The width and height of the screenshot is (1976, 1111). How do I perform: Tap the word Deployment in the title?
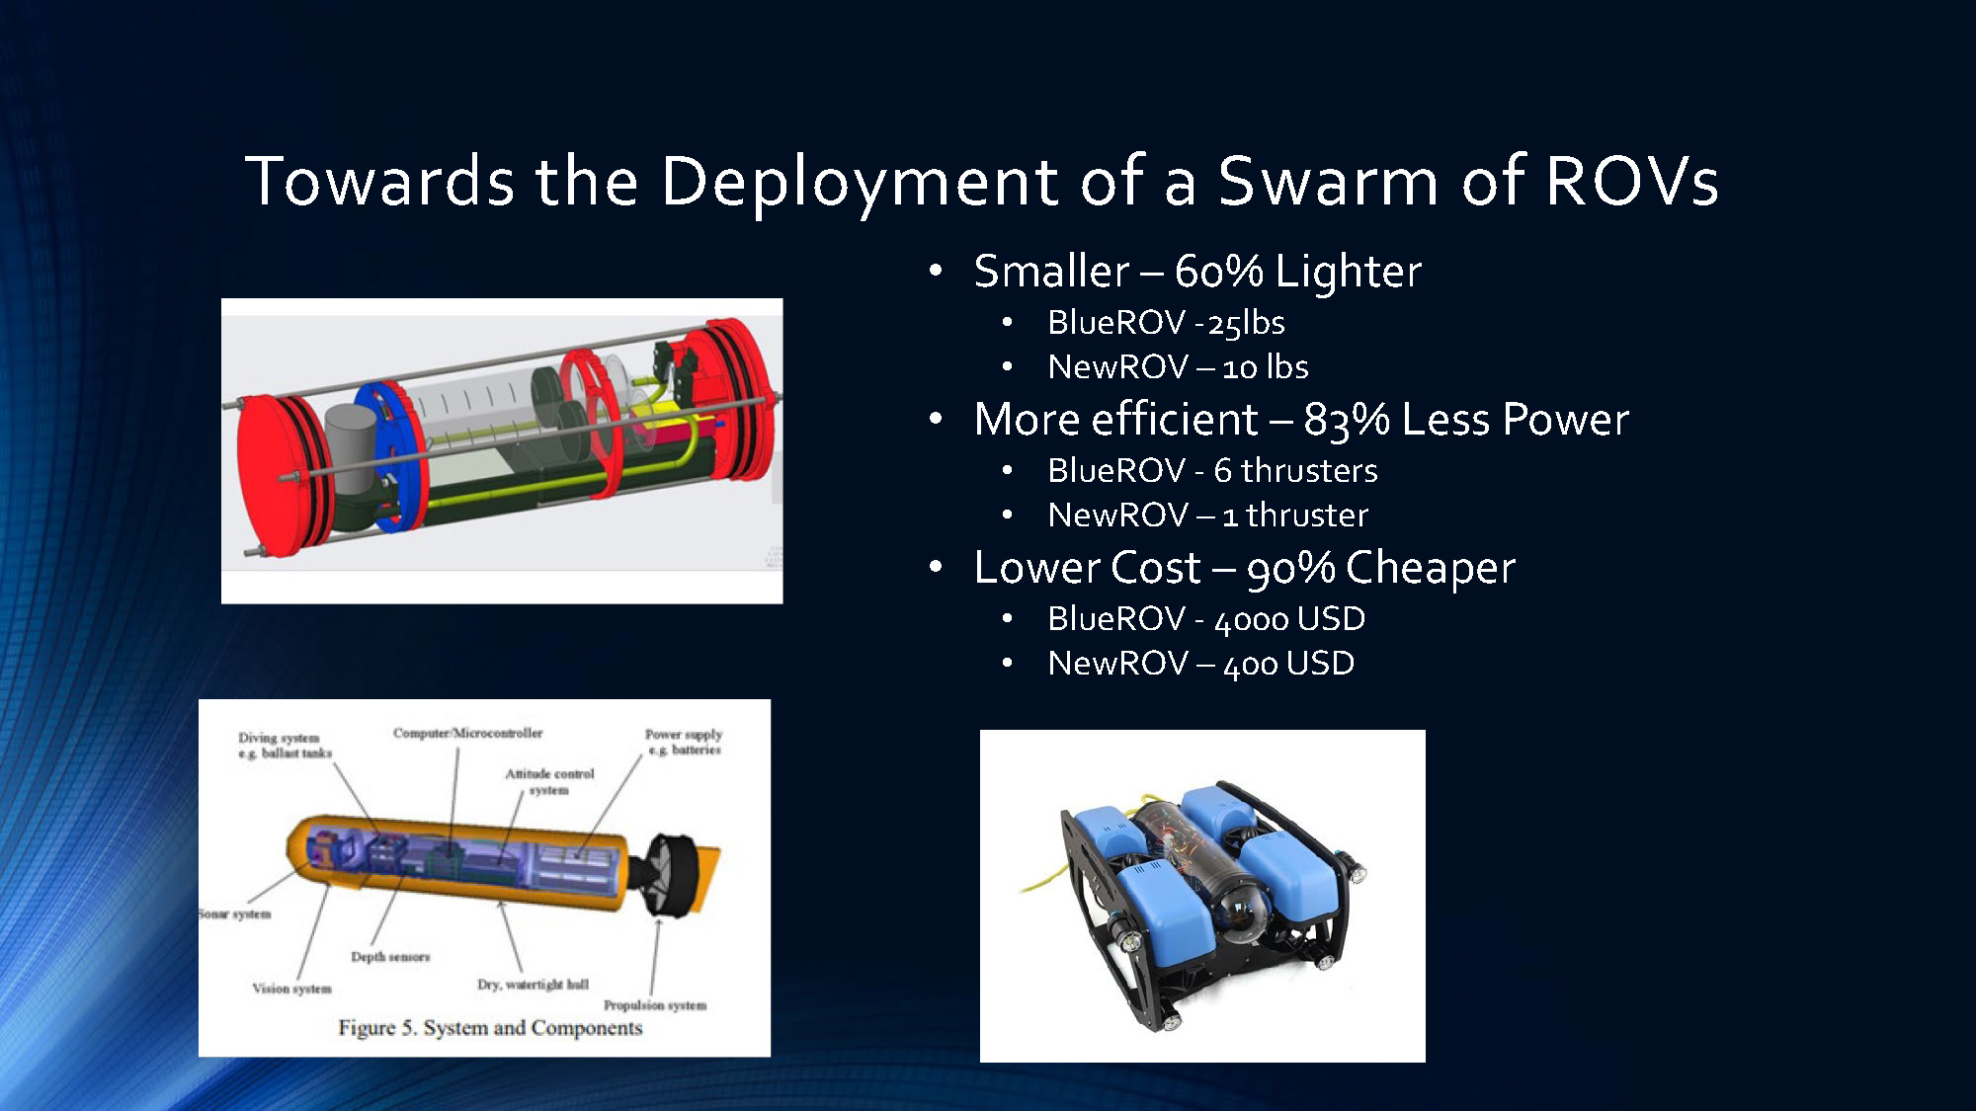tap(860, 182)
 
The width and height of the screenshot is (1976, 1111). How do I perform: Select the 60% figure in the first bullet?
tap(1218, 272)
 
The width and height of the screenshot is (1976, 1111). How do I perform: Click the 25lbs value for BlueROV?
tap(1246, 323)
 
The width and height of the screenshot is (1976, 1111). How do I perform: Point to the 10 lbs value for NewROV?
tap(1265, 367)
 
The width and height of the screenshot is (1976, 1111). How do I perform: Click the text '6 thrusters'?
tap(1295, 471)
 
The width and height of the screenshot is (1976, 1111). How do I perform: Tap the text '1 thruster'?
tap(1294, 516)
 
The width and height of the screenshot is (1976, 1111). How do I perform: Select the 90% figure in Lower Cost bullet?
tap(1290, 569)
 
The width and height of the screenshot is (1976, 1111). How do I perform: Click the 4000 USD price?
tap(1289, 619)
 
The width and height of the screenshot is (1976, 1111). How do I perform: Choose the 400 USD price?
tap(1288, 664)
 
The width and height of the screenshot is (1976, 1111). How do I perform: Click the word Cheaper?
tap(1430, 569)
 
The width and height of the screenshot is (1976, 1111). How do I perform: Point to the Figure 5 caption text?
tap(490, 1028)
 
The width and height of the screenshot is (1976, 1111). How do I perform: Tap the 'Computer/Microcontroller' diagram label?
tap(467, 733)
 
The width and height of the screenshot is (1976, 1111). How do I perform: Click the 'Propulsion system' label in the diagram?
tap(655, 1005)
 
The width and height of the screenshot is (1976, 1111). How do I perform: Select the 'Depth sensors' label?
tap(390, 957)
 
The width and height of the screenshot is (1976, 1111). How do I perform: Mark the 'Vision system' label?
tap(291, 989)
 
